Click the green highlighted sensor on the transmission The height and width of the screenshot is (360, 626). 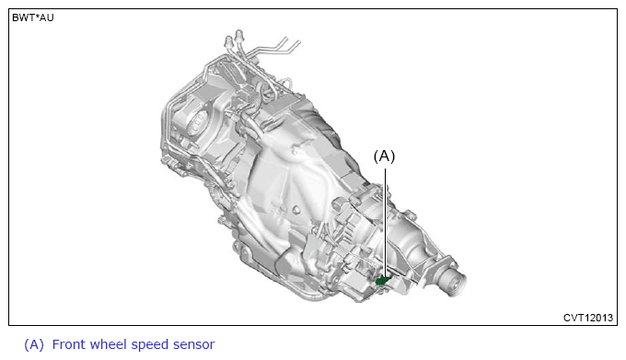(383, 280)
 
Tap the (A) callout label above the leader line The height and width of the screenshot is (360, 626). (384, 156)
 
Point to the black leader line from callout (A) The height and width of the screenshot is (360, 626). (385, 222)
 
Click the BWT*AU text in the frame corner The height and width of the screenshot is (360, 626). (33, 18)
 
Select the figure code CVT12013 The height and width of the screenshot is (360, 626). (588, 318)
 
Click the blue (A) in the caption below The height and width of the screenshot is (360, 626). (34, 344)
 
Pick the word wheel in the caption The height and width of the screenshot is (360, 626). (105, 344)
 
